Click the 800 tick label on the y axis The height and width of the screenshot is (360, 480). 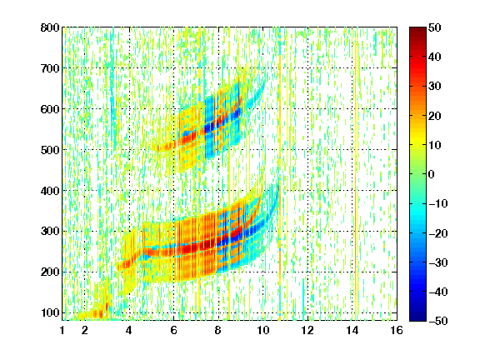[50, 27]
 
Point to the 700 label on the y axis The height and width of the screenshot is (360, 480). [50, 68]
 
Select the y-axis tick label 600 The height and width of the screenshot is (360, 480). [50, 109]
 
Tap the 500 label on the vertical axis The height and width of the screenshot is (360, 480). [50, 150]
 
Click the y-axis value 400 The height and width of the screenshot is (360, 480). [50, 191]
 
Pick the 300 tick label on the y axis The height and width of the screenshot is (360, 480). [50, 231]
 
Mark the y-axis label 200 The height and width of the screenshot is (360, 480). [50, 272]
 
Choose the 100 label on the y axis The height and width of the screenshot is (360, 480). [50, 312]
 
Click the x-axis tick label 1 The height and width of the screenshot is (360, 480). [62, 330]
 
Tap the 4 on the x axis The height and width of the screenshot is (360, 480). [129, 330]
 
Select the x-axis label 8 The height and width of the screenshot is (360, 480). [218, 330]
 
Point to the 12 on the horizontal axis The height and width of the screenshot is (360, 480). [307, 330]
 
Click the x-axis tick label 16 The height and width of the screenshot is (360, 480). [397, 330]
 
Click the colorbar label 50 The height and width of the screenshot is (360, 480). [435, 27]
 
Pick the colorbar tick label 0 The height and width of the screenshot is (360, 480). [432, 174]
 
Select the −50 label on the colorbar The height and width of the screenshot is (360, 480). [438, 321]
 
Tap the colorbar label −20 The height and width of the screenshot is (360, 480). [438, 233]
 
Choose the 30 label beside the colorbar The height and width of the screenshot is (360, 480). [435, 87]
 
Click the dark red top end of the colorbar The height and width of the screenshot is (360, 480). [417, 29]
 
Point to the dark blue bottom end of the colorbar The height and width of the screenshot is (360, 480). [417, 319]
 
